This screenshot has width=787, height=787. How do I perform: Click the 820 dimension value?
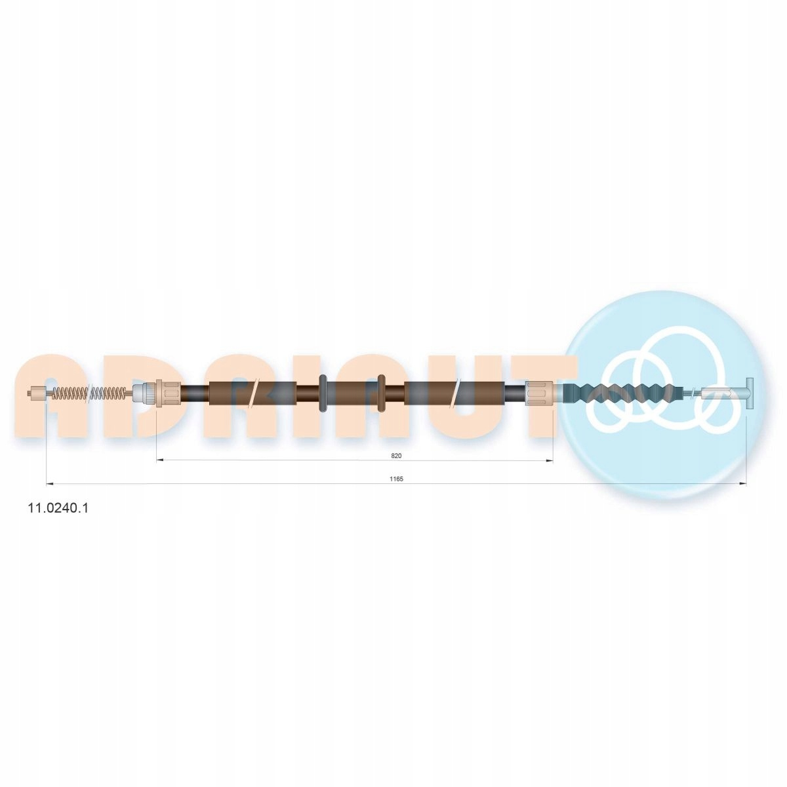click(396, 455)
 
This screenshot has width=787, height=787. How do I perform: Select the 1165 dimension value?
click(396, 479)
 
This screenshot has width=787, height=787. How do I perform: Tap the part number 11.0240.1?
click(58, 508)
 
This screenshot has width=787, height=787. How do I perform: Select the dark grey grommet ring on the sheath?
click(323, 393)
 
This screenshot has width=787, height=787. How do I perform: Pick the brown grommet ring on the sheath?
click(382, 393)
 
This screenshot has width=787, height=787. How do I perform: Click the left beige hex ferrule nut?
click(167, 393)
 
